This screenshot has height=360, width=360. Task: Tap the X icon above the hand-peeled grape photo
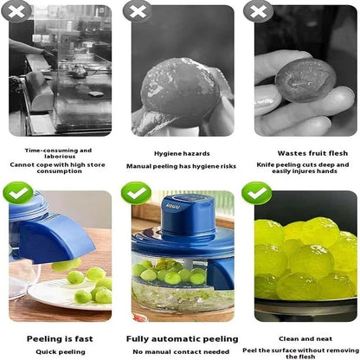[136, 10]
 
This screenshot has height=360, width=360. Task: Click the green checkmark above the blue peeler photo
[19, 192]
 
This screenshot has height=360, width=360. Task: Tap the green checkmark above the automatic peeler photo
[136, 192]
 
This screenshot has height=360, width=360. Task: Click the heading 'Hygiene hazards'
[181, 153]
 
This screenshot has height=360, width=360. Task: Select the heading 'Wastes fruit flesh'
[306, 153]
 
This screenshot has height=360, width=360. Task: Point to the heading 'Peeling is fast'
[60, 339]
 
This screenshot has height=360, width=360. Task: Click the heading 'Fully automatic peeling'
[183, 339]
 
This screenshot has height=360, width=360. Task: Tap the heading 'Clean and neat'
[306, 339]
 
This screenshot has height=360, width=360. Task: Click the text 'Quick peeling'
[60, 351]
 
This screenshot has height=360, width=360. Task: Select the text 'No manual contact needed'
[183, 351]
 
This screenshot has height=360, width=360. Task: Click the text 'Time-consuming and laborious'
[60, 153]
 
